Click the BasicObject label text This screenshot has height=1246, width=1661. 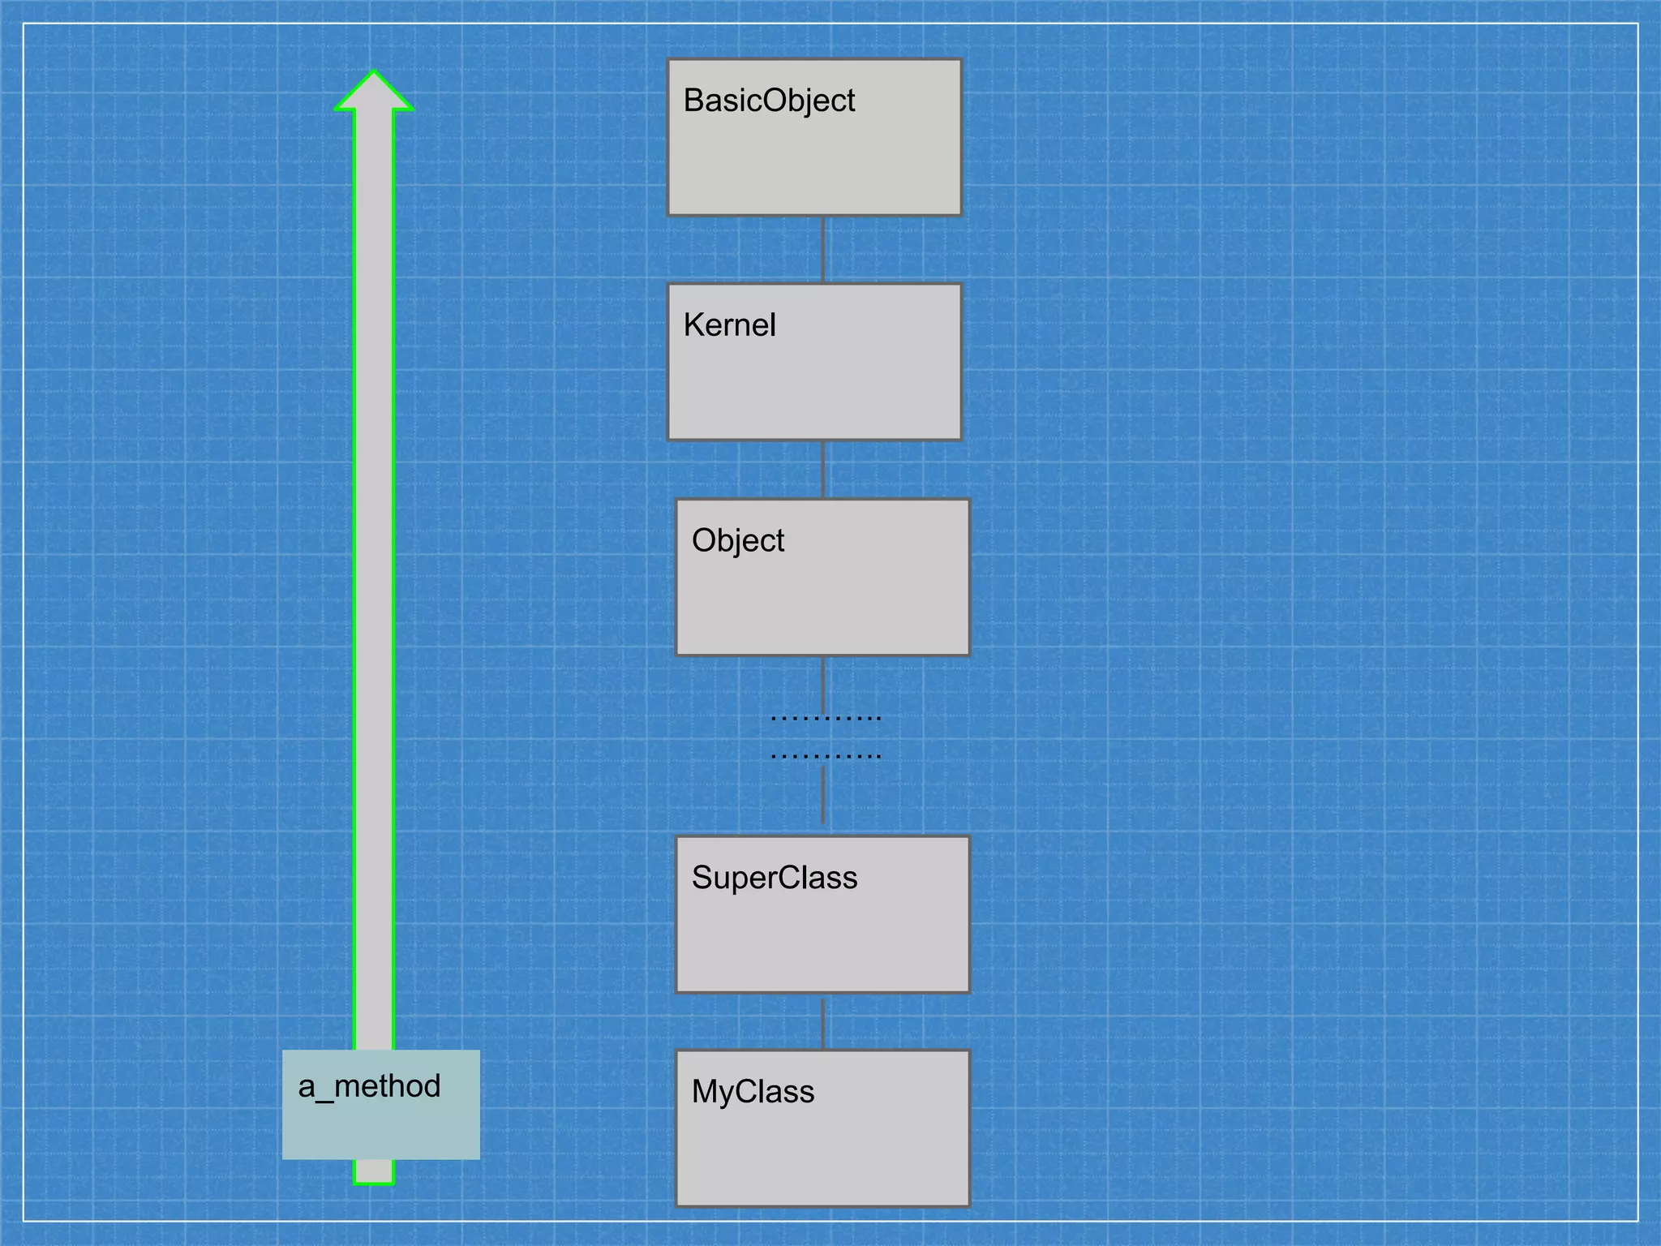pyautogui.click(x=769, y=101)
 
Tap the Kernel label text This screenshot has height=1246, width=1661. pyautogui.click(x=729, y=325)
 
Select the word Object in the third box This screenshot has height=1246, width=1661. pyautogui.click(x=737, y=541)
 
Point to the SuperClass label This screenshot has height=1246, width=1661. pyautogui.click(x=774, y=878)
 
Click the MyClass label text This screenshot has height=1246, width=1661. pyautogui.click(x=753, y=1092)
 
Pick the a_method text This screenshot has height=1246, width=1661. pyautogui.click(x=369, y=1086)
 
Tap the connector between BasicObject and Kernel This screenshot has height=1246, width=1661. pyautogui.click(x=823, y=249)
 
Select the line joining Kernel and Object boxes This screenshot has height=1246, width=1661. pyautogui.click(x=823, y=470)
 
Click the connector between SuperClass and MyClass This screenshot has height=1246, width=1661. pyautogui.click(x=823, y=1022)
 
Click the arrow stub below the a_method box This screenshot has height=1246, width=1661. pyautogui.click(x=374, y=1172)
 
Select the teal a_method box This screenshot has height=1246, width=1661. pyautogui.click(x=381, y=1128)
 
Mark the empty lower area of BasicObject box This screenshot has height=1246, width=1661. pyautogui.click(x=814, y=170)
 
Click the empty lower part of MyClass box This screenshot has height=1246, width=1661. pyautogui.click(x=822, y=1160)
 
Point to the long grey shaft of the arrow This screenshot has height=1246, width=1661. pyautogui.click(x=374, y=568)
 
